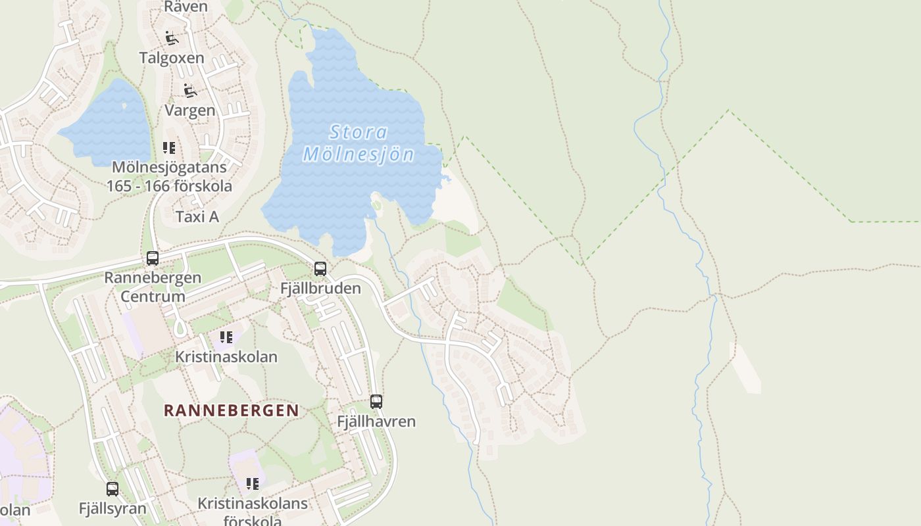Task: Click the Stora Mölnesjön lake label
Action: (359, 143)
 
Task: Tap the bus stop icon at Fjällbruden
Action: (320, 268)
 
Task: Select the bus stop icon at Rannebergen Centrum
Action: (153, 258)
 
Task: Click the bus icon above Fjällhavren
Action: (376, 401)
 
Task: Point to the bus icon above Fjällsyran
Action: (112, 489)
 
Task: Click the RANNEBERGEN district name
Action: (231, 410)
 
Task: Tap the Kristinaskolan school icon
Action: (226, 338)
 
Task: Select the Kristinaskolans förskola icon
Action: (253, 485)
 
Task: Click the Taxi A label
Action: (197, 216)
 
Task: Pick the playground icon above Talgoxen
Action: (172, 38)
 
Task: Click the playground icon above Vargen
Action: (190, 91)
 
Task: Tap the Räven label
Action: (186, 7)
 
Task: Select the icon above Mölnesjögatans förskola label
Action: (169, 148)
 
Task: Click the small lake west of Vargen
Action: (109, 125)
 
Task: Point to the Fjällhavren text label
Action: (376, 421)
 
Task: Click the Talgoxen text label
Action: (172, 58)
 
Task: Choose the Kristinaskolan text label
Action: (226, 357)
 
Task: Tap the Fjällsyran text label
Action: (112, 508)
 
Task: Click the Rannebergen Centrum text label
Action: (153, 287)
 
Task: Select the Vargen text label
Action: (190, 110)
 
